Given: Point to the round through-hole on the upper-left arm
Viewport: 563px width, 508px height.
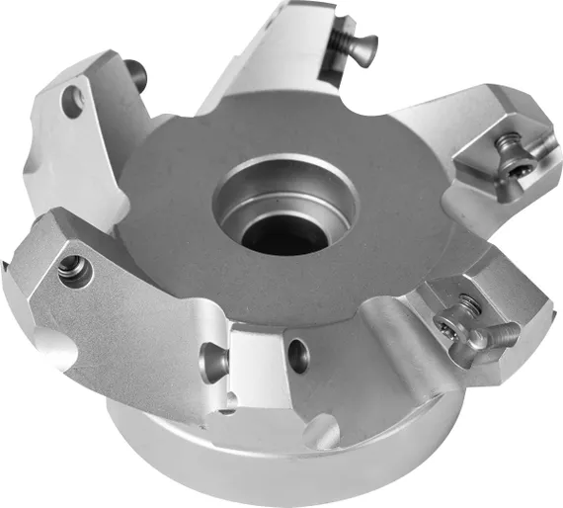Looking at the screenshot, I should pyautogui.click(x=71, y=100).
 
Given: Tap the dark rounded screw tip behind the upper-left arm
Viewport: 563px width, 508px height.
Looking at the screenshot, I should pyautogui.click(x=136, y=70).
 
